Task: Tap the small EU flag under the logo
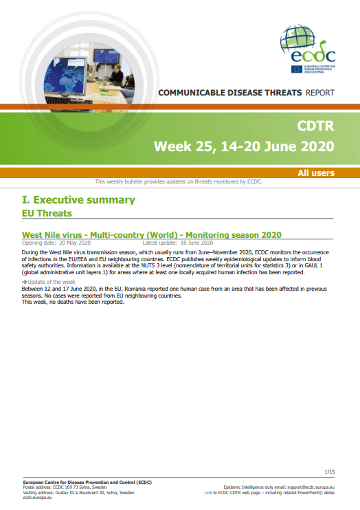point(296,69)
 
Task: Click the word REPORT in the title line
point(320,93)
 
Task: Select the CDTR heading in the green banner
point(315,126)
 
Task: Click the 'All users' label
point(316,173)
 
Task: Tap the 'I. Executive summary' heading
point(78,200)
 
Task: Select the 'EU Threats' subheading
point(47,213)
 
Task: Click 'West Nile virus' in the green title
point(52,235)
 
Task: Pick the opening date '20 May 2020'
point(75,243)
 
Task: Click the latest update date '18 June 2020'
point(196,243)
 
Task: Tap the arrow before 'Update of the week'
point(24,282)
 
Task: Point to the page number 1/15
point(330,472)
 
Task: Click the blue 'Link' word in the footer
point(208,493)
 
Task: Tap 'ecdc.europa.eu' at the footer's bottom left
point(37,498)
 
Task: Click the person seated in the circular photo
point(117,76)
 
